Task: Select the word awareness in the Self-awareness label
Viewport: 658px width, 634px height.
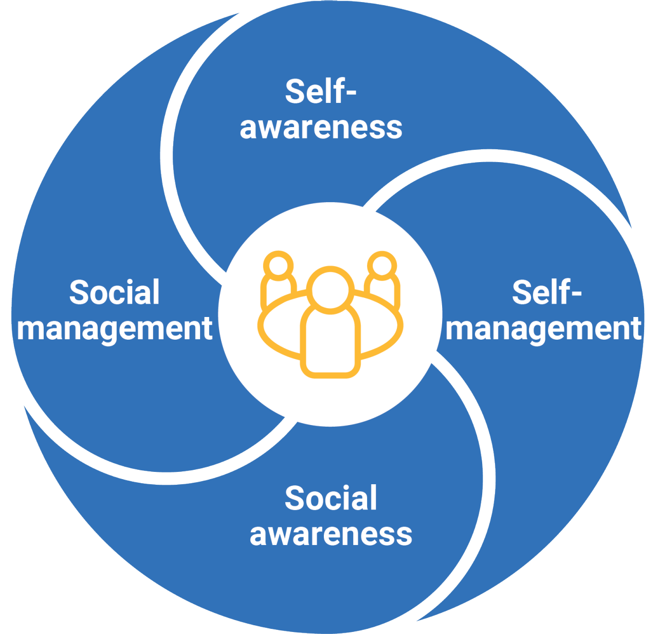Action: coord(321,128)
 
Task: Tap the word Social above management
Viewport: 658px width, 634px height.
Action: coord(115,292)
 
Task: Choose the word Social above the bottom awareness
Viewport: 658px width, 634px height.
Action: coord(331,498)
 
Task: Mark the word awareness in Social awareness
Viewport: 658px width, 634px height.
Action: coord(331,534)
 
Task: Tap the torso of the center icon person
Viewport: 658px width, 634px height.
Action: coord(331,342)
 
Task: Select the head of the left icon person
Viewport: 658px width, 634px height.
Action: coord(279,266)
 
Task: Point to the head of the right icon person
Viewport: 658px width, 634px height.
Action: coord(382,266)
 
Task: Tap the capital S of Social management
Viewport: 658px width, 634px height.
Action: coord(79,292)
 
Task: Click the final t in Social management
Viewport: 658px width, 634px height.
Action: coord(207,329)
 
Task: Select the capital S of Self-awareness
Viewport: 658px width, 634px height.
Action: coord(295,92)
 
